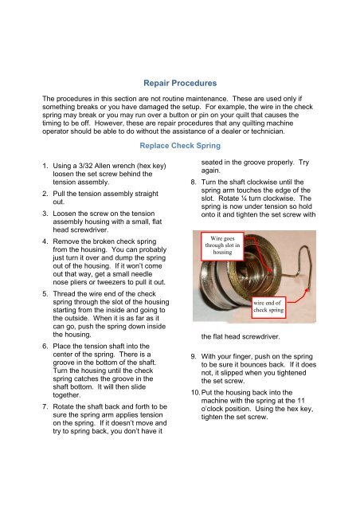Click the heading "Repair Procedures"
point(179,81)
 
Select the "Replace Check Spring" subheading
point(179,147)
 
